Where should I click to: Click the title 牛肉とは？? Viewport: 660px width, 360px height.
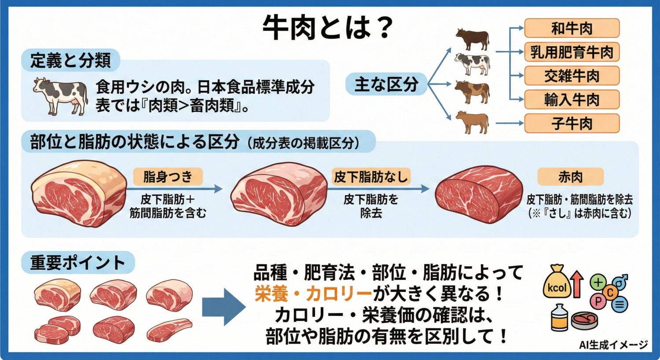tap(328, 27)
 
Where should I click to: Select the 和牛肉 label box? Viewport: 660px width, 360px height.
tap(572, 29)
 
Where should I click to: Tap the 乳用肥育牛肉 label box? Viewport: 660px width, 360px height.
tap(572, 52)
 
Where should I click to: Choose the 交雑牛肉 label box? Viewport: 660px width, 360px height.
tap(572, 76)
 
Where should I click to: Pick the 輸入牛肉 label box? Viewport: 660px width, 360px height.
tap(572, 100)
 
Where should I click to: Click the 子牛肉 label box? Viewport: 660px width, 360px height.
tap(572, 124)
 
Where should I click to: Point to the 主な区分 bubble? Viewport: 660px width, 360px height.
tap(386, 84)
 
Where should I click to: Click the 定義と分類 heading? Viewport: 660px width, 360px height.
tap(70, 60)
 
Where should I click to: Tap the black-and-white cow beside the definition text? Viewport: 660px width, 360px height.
tap(61, 95)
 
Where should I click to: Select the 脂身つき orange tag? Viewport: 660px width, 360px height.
tap(168, 177)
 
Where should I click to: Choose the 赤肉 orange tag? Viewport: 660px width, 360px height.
tap(570, 177)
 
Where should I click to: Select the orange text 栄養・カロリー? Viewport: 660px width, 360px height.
tap(313, 294)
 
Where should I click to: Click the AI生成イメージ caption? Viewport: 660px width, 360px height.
tap(613, 345)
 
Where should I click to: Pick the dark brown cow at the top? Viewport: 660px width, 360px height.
tap(472, 39)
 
